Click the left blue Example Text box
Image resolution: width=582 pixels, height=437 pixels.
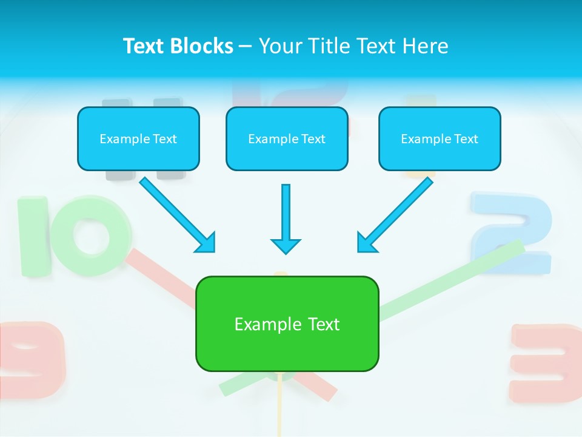pyautogui.click(x=138, y=138)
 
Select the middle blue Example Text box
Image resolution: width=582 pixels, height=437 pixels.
pyautogui.click(x=287, y=138)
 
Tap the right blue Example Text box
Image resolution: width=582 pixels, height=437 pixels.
pyautogui.click(x=440, y=138)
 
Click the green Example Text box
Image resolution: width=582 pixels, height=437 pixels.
pyautogui.click(x=287, y=324)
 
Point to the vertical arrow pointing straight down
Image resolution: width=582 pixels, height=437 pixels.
pyautogui.click(x=286, y=218)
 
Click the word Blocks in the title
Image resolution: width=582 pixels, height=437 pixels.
pyautogui.click(x=203, y=46)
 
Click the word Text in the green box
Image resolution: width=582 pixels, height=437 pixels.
pyautogui.click(x=324, y=324)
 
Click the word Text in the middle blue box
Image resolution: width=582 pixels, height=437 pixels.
pyautogui.click(x=313, y=139)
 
